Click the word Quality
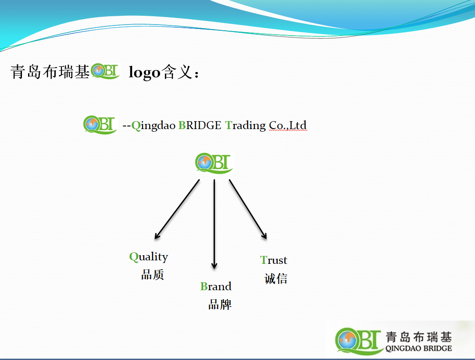pyautogui.click(x=148, y=257)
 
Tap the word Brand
pyautogui.click(x=216, y=286)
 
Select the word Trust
pyautogui.click(x=274, y=260)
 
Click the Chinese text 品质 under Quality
pyautogui.click(x=152, y=275)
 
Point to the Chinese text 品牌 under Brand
pyautogui.click(x=220, y=304)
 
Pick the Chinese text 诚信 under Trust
pyautogui.click(x=276, y=278)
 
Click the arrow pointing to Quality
pyautogui.click(x=177, y=209)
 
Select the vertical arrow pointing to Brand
pyautogui.click(x=214, y=224)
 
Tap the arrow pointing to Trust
pyautogui.click(x=248, y=209)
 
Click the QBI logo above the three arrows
pyautogui.click(x=214, y=163)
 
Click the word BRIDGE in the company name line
pyautogui.click(x=200, y=125)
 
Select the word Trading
pyautogui.click(x=245, y=126)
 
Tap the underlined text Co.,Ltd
pyautogui.click(x=288, y=125)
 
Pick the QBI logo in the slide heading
pyautogui.click(x=105, y=71)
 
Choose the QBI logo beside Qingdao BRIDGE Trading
pyautogui.click(x=100, y=125)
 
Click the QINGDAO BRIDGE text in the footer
pyautogui.click(x=419, y=349)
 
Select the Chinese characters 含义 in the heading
pyautogui.click(x=176, y=72)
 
